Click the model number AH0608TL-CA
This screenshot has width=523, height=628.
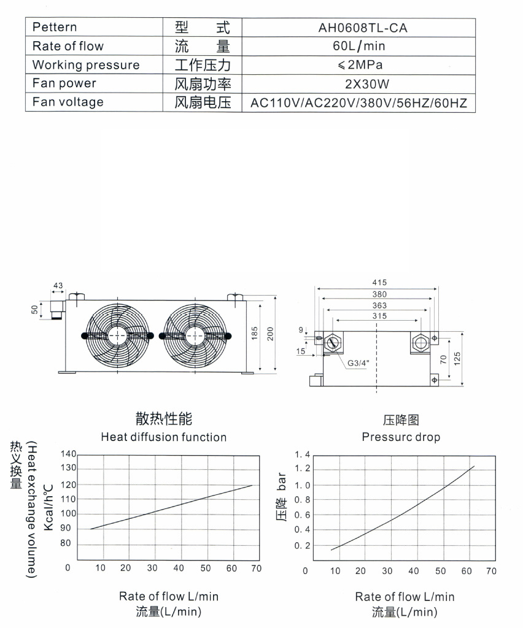(x=363, y=28)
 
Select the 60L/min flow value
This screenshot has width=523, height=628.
(x=358, y=45)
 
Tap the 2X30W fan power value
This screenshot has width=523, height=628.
(x=367, y=84)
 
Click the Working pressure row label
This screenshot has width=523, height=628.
(x=86, y=65)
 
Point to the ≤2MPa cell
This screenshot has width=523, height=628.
(x=360, y=65)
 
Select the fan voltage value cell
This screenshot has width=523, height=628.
(x=358, y=103)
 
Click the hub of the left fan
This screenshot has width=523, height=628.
(x=117, y=335)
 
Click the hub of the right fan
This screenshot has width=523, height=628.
(x=195, y=335)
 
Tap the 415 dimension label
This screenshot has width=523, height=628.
(x=379, y=282)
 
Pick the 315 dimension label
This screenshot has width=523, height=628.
(x=379, y=316)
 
